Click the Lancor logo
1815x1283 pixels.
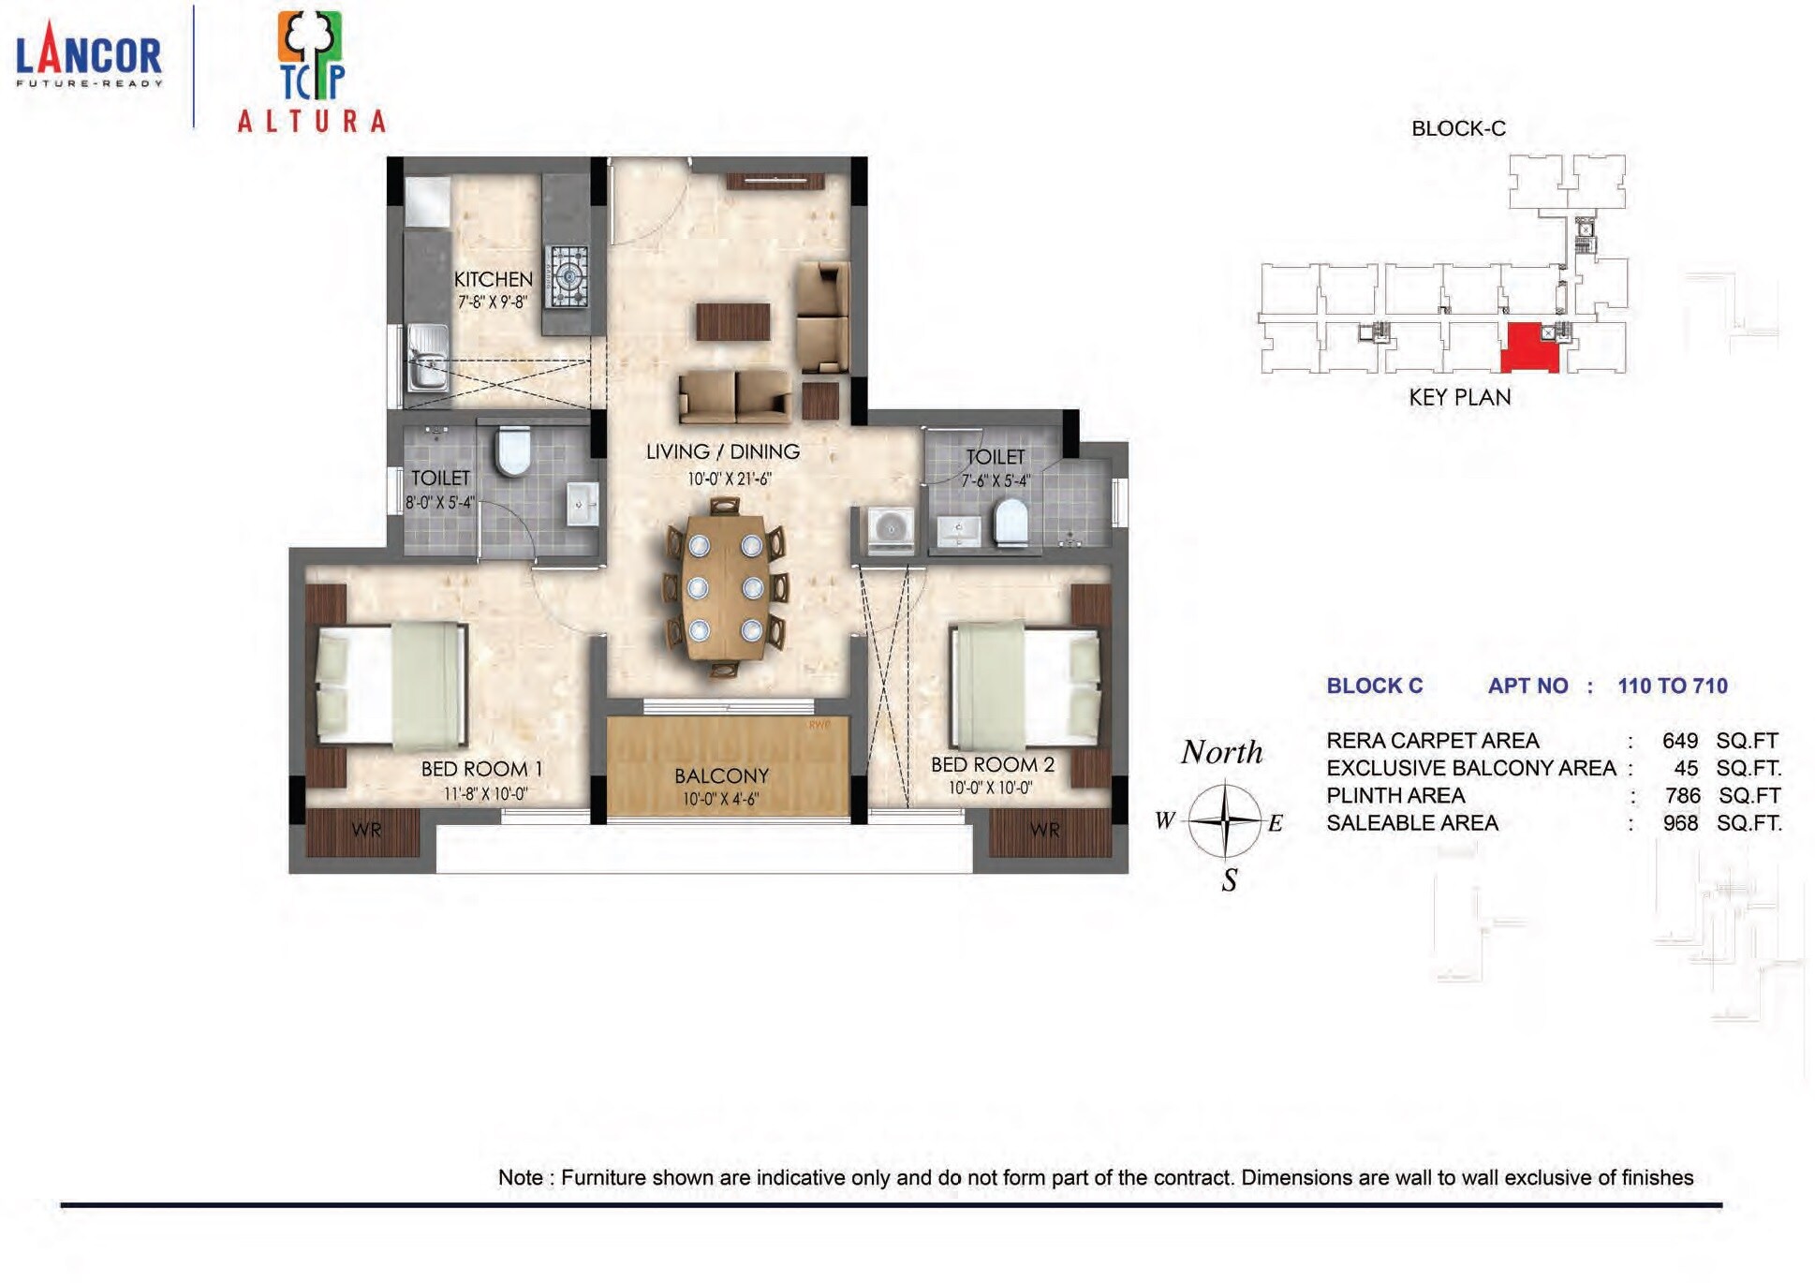(x=89, y=56)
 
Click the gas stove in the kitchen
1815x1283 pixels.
(x=568, y=276)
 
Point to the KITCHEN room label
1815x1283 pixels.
(x=493, y=279)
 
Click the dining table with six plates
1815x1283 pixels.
(x=725, y=587)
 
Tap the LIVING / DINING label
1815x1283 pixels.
(x=723, y=451)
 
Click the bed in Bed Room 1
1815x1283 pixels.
(x=391, y=686)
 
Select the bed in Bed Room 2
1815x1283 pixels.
(x=1024, y=684)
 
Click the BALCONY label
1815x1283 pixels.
(x=721, y=775)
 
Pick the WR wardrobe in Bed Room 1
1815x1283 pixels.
(x=365, y=831)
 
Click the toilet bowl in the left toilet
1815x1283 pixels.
(x=513, y=450)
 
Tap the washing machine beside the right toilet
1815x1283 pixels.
(x=890, y=530)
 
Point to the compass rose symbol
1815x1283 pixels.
(x=1224, y=821)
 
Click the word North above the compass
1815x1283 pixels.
(x=1221, y=752)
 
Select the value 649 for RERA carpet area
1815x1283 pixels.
(x=1680, y=741)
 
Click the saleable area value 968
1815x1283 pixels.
(x=1680, y=823)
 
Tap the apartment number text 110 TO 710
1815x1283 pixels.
(x=1672, y=686)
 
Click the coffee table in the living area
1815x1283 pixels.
(x=733, y=321)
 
